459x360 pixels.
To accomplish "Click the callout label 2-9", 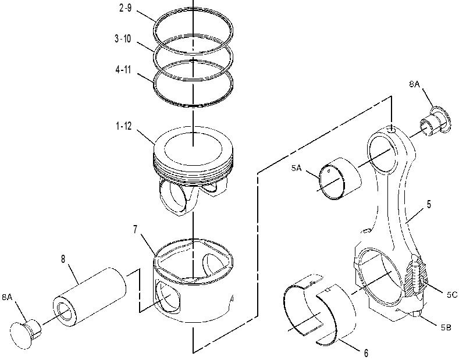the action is tap(125, 8).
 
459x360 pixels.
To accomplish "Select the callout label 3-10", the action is tap(123, 38).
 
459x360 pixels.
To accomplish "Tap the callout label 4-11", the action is tap(123, 70).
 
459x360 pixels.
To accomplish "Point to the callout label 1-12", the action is tap(124, 126).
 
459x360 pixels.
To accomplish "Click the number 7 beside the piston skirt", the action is tap(135, 230).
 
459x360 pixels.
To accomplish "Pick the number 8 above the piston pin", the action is tap(63, 259).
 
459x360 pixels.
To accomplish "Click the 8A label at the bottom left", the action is tap(7, 297).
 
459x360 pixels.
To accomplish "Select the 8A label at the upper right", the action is tap(415, 84).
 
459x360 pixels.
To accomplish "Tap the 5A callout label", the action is tap(296, 168).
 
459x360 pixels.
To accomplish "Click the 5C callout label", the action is tap(452, 295).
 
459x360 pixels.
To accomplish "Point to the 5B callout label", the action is tap(446, 327).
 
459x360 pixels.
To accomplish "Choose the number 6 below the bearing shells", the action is tap(366, 353).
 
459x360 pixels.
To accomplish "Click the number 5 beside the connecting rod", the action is tap(429, 204).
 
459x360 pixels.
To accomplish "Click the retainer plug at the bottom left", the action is tap(25, 333).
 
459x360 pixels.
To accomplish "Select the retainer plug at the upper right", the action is tap(435, 121).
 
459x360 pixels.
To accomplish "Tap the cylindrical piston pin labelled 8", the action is tap(90, 297).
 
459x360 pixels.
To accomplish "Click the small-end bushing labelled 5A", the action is tap(340, 179).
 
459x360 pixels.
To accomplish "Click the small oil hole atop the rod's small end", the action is tap(392, 129).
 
